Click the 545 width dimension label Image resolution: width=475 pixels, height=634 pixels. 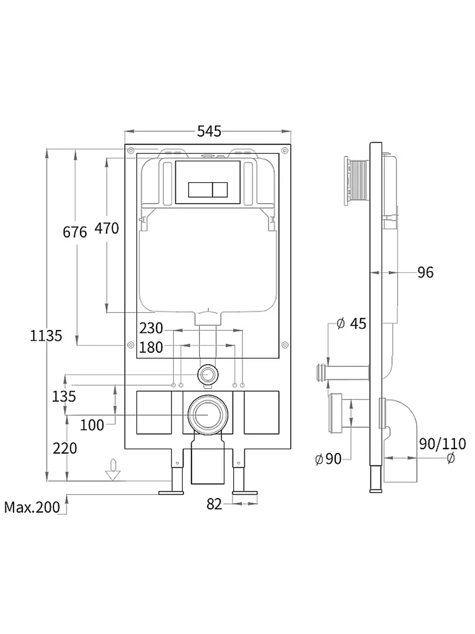point(209,131)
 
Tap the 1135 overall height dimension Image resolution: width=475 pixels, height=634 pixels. point(46,336)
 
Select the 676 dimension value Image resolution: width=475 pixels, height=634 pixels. point(75,232)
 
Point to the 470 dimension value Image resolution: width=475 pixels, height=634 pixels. point(107,228)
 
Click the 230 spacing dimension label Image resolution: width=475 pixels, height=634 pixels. point(151,328)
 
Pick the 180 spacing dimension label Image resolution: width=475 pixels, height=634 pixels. point(151,347)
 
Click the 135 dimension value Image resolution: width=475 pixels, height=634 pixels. point(64,396)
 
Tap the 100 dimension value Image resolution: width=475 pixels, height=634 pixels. point(92,425)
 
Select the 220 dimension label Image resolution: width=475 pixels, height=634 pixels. point(65,449)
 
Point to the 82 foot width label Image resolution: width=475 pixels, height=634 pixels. point(214,504)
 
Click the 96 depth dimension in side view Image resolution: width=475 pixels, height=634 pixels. point(426,273)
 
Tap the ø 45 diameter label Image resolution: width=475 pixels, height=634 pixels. point(351,323)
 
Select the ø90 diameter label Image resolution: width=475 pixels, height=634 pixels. point(329,458)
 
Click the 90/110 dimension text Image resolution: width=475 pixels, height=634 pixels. point(442,444)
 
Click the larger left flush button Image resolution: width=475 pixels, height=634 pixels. point(200,190)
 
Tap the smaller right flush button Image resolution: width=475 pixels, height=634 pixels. point(220,190)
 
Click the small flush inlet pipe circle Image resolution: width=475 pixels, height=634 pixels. point(208,375)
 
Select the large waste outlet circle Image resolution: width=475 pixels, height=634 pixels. point(208,415)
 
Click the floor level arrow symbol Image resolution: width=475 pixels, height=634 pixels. point(113,470)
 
